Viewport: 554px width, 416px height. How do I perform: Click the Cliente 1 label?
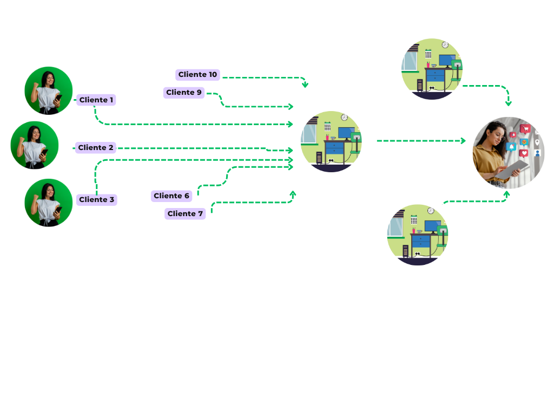click(x=96, y=100)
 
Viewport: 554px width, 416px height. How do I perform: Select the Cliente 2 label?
click(x=96, y=148)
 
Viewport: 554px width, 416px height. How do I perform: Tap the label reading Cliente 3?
click(x=96, y=200)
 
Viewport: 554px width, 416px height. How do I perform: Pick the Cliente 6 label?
click(x=172, y=196)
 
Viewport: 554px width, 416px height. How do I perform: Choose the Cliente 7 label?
click(x=185, y=214)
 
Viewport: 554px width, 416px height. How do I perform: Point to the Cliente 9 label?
click(x=184, y=93)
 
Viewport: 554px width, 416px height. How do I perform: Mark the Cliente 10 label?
click(x=197, y=75)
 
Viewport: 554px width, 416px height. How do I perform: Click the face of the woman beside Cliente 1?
click(x=49, y=79)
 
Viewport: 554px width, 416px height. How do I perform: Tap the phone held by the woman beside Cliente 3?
click(x=58, y=209)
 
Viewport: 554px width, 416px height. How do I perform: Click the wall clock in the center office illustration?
click(x=344, y=117)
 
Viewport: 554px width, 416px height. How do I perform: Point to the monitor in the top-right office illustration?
click(x=446, y=60)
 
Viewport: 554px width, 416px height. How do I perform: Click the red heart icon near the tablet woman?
click(x=524, y=153)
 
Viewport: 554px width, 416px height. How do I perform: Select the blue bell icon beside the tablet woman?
click(x=511, y=146)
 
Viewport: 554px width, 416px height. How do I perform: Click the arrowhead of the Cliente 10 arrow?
click(x=305, y=84)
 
